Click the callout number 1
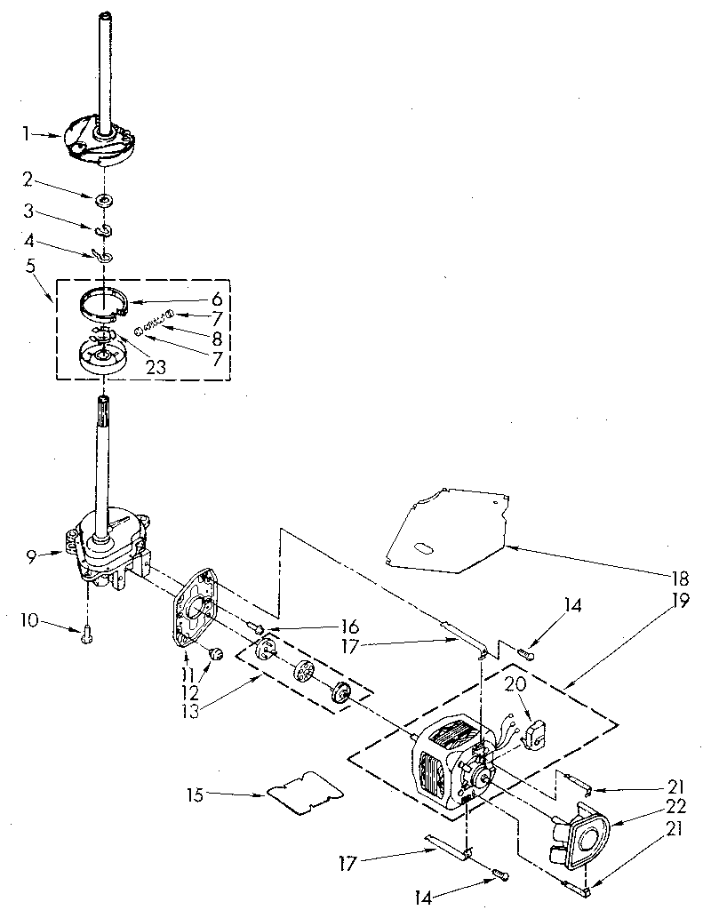[x=26, y=134]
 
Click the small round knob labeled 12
[x=214, y=656]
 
